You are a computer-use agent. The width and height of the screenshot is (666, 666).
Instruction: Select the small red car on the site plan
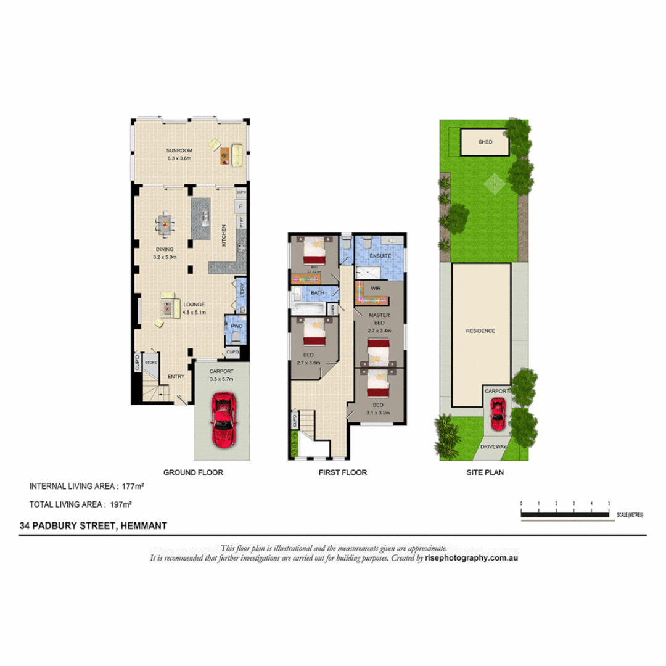point(497,414)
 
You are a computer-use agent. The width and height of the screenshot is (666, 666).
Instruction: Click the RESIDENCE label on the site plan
point(480,331)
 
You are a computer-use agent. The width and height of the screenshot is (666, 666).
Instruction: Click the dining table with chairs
point(165,224)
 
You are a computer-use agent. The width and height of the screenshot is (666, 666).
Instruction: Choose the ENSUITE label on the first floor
point(380,255)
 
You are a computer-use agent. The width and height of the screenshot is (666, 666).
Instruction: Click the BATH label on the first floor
point(318,293)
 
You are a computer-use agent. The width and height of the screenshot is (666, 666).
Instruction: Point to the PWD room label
point(236,326)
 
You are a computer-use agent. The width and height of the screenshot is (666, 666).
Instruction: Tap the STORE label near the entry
point(151,363)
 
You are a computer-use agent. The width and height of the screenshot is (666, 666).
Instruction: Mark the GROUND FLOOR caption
point(193,473)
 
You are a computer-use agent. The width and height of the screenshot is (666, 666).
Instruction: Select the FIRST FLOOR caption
point(343,473)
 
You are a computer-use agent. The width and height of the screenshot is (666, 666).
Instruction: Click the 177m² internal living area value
point(132,487)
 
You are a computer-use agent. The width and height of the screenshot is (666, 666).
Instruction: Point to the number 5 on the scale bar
point(609,504)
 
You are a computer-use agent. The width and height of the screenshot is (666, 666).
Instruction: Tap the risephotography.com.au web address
point(471,557)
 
